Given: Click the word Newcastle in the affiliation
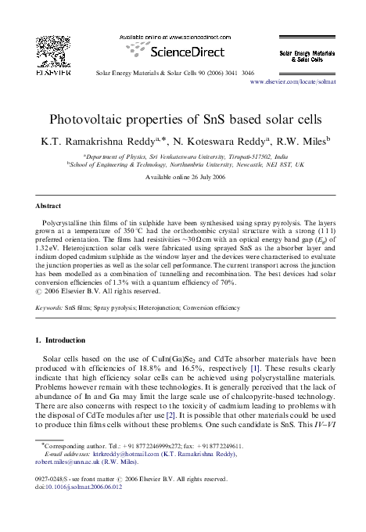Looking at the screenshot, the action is tap(257, 165).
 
